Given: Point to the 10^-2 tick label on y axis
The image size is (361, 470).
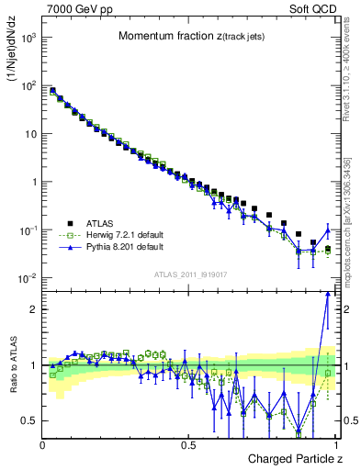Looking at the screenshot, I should click(28, 278).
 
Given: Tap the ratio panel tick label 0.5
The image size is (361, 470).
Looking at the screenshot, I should click(30, 420).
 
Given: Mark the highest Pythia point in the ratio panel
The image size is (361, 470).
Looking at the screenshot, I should click(328, 294).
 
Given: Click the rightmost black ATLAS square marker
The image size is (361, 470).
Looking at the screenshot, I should click(328, 249).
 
